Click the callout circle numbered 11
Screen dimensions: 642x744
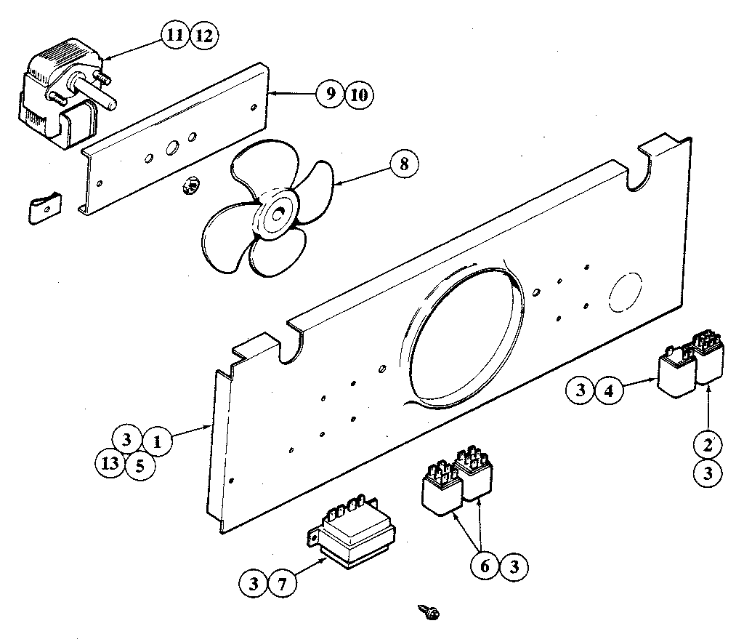pyautogui.click(x=175, y=36)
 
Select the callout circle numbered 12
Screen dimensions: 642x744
pyautogui.click(x=203, y=36)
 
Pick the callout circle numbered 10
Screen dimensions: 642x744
pyautogui.click(x=358, y=95)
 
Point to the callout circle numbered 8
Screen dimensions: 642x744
pyautogui.click(x=404, y=164)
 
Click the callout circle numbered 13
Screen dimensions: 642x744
pyautogui.click(x=110, y=464)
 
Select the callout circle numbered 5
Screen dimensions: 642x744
pyautogui.click(x=139, y=464)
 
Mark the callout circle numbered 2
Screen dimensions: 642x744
pyautogui.click(x=708, y=443)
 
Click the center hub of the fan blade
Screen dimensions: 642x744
pyautogui.click(x=278, y=214)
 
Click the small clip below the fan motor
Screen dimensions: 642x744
pyautogui.click(x=44, y=209)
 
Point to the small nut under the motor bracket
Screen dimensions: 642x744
pyautogui.click(x=189, y=185)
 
